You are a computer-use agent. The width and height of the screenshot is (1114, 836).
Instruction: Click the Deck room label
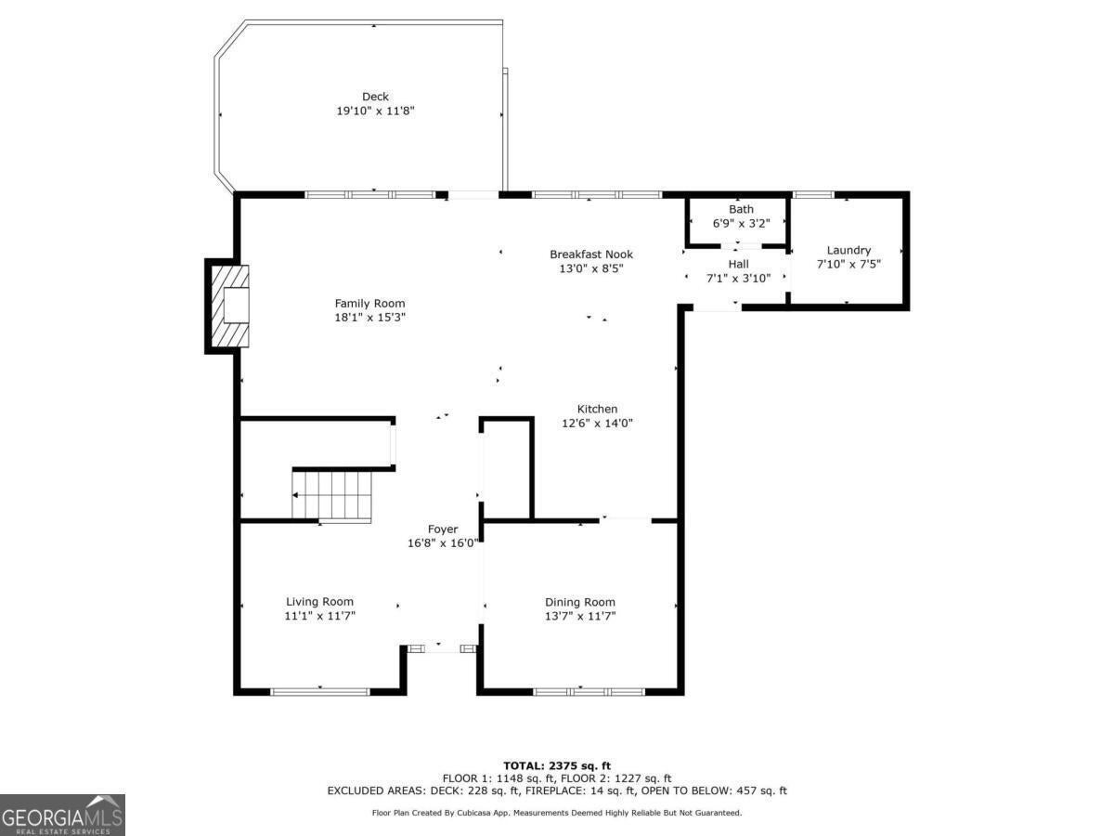click(375, 97)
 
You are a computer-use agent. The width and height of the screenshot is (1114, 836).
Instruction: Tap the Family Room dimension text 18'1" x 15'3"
click(369, 318)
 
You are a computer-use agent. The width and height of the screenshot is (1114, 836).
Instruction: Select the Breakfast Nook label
click(591, 255)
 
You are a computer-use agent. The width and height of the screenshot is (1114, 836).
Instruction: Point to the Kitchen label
click(597, 409)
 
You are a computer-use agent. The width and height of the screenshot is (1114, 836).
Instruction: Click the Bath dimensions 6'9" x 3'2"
click(741, 223)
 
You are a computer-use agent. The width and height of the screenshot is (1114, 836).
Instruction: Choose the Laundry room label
click(848, 250)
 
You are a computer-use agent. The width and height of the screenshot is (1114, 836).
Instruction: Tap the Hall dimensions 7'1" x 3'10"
click(738, 278)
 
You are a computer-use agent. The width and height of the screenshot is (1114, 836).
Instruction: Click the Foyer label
click(443, 529)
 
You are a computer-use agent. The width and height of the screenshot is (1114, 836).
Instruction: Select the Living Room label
click(319, 602)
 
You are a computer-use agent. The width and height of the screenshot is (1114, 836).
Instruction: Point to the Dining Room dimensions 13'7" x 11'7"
click(580, 616)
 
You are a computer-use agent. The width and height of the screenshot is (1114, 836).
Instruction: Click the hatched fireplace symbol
click(230, 307)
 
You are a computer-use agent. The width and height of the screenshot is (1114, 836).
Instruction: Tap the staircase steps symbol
click(332, 495)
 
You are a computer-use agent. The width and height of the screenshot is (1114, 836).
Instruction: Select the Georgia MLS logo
click(62, 815)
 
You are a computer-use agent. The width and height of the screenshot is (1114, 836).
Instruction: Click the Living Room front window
click(320, 691)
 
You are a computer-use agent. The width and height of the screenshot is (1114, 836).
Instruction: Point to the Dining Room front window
click(589, 691)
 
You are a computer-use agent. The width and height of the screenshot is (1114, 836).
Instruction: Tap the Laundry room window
click(813, 194)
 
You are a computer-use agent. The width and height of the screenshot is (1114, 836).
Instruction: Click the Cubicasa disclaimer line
click(557, 813)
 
